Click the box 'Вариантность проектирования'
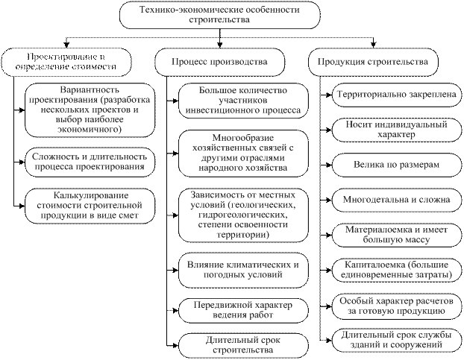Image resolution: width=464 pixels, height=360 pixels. click(x=88, y=113)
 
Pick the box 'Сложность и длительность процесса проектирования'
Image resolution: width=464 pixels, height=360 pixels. click(x=88, y=160)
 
